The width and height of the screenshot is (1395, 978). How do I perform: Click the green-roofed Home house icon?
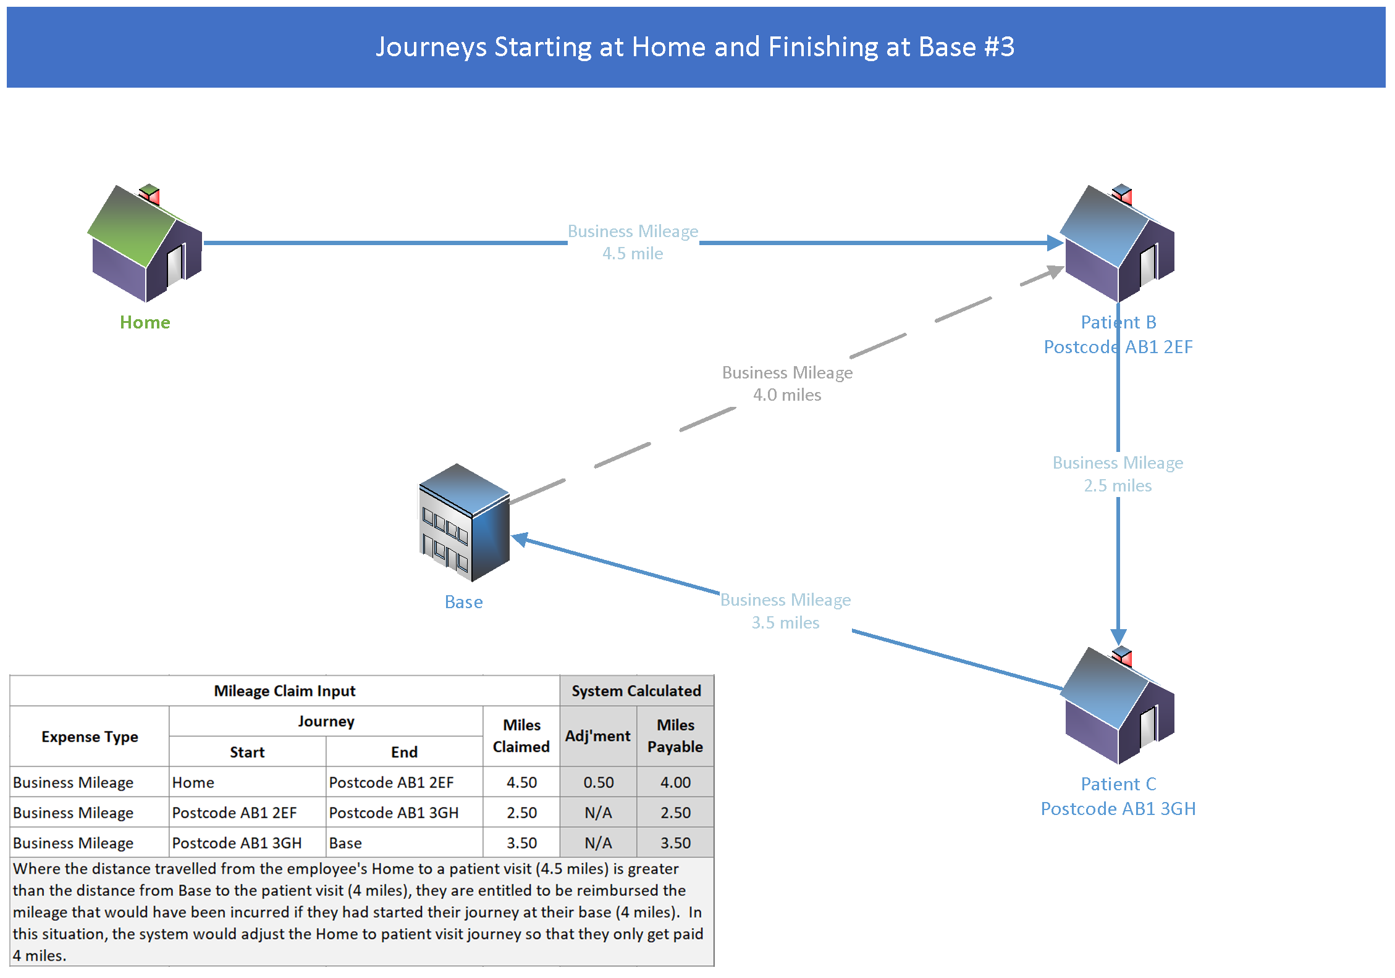tap(146, 244)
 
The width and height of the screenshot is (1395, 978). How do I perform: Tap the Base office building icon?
tap(464, 522)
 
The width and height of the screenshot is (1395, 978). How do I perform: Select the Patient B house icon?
tap(1118, 244)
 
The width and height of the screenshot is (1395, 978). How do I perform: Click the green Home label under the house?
tap(145, 322)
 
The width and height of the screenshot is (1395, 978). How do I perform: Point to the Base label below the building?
tap(463, 602)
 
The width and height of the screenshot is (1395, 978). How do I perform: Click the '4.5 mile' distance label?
tap(633, 254)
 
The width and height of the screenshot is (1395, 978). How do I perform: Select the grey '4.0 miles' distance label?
tap(787, 395)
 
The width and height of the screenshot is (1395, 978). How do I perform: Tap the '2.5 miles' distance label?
tap(1118, 486)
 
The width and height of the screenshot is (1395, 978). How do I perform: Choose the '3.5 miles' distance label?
tap(785, 623)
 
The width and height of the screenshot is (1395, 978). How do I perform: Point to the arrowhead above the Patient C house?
tap(1118, 637)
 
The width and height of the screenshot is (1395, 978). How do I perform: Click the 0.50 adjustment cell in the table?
tap(598, 782)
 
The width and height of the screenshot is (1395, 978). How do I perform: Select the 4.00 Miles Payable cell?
tap(675, 782)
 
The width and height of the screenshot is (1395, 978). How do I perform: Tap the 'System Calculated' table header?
tap(636, 691)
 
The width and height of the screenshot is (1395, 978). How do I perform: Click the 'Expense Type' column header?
tap(90, 737)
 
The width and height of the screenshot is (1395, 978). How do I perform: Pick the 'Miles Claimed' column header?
tap(521, 736)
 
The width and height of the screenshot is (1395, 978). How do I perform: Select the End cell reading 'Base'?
tap(345, 843)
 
